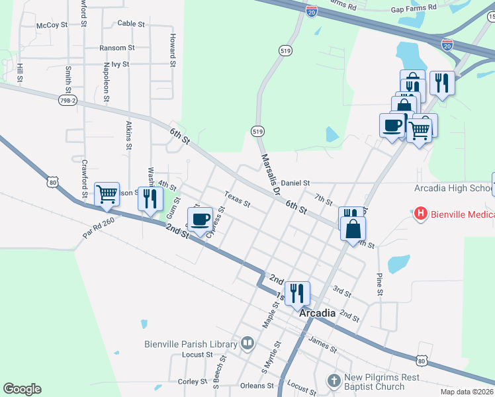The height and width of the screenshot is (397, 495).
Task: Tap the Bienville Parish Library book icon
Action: (x=247, y=343)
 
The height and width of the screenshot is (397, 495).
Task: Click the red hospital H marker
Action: (x=419, y=214)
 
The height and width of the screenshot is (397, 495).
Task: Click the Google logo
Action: (x=22, y=388)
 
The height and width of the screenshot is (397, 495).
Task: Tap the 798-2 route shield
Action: (x=67, y=100)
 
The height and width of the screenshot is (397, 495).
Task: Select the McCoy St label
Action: (x=52, y=25)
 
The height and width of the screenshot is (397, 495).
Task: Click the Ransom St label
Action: (x=116, y=48)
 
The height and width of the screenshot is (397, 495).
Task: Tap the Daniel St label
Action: (x=295, y=182)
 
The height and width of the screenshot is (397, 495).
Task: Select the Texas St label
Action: (x=237, y=199)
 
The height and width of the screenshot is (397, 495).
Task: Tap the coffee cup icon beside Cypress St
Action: (x=200, y=219)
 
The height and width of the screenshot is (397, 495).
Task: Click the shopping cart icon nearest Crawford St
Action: (x=107, y=194)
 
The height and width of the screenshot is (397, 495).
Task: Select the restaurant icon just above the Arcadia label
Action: (x=297, y=292)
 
